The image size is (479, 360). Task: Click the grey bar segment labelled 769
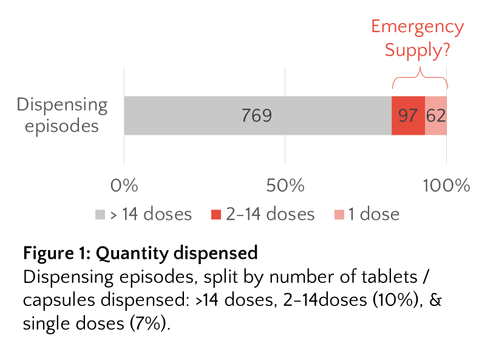pos(257,115)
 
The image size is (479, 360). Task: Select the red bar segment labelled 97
pos(408,115)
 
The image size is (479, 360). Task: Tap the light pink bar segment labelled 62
pos(435,115)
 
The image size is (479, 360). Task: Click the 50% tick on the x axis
pos(285,185)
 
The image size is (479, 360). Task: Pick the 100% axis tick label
pos(446,185)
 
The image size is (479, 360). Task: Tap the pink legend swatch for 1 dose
pos(339,214)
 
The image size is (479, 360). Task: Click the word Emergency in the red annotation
pos(417,27)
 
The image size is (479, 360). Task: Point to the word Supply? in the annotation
pos(417,50)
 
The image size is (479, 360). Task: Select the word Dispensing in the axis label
pos(62,104)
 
